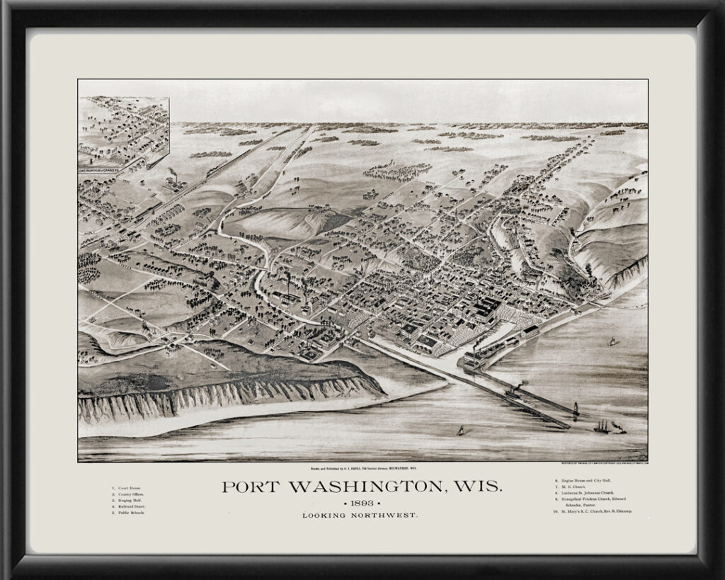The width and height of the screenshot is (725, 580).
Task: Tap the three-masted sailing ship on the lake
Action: coord(602,426)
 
